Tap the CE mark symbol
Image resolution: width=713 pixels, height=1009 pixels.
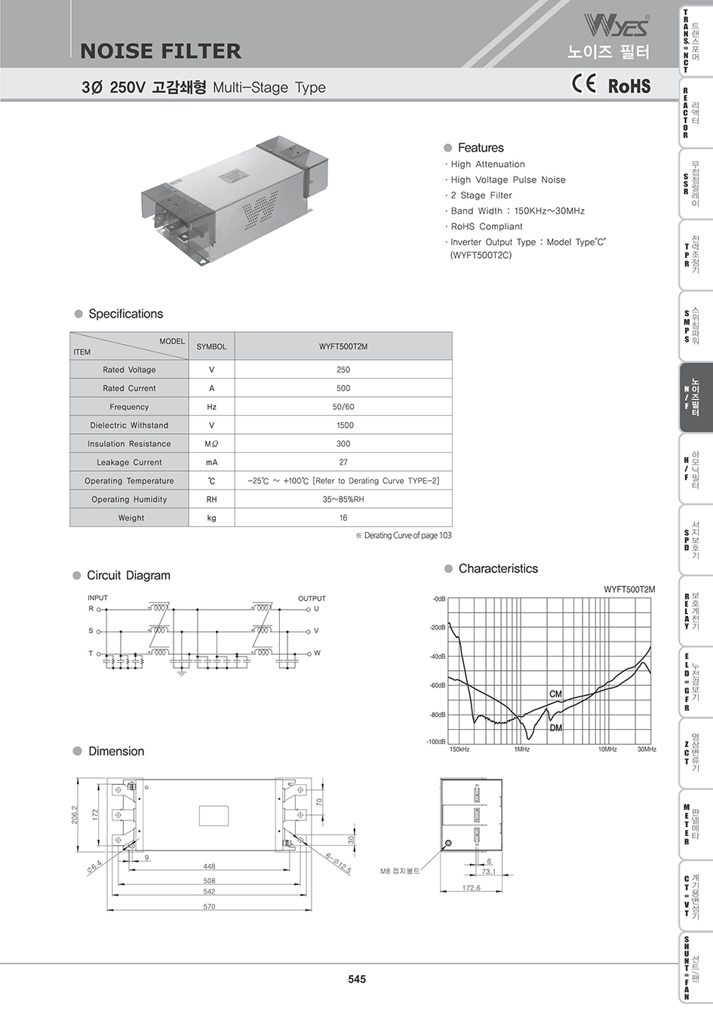coord(584,84)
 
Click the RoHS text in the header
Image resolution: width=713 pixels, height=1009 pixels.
coord(629,86)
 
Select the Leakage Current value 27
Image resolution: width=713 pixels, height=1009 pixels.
coord(343,462)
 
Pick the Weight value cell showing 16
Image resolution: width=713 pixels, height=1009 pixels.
coord(343,518)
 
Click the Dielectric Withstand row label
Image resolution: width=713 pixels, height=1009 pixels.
coord(129,425)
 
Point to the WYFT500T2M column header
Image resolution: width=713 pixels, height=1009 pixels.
coord(343,346)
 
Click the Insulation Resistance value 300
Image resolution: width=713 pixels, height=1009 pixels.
coord(343,444)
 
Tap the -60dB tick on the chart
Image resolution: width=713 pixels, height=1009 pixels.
coord(438,685)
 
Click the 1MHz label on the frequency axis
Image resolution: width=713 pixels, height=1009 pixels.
coord(521,749)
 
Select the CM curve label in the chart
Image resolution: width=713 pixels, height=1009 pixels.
coord(555,694)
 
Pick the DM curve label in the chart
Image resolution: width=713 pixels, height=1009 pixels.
coord(555,728)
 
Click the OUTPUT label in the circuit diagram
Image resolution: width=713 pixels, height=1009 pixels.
coord(312,598)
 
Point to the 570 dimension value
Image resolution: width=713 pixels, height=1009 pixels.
coord(209,906)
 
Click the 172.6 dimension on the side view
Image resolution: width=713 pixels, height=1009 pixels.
coord(471,888)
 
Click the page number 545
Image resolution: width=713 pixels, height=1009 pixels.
coord(357,979)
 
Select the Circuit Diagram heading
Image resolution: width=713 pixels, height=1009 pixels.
coord(128,575)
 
